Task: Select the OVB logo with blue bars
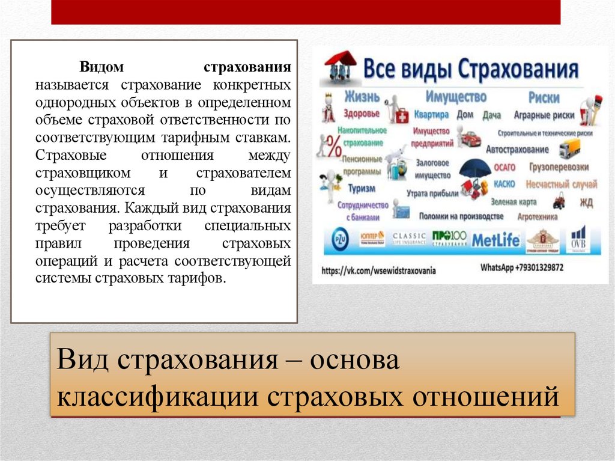pyautogui.click(x=578, y=239)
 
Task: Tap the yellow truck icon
pyautogui.click(x=569, y=148)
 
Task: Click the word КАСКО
pyautogui.click(x=504, y=184)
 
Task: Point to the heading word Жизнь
pyautogui.click(x=362, y=97)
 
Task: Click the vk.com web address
pyautogui.click(x=378, y=271)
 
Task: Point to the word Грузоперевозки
pyautogui.click(x=559, y=168)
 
